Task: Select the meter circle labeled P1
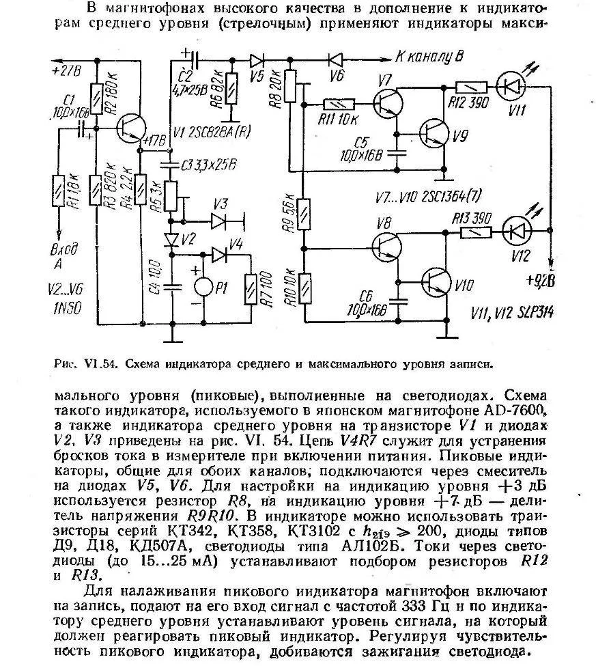203,287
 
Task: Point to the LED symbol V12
516,230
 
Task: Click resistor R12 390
470,87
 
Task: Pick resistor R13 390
474,232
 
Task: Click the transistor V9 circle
434,133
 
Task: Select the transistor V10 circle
434,279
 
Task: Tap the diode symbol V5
257,59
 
